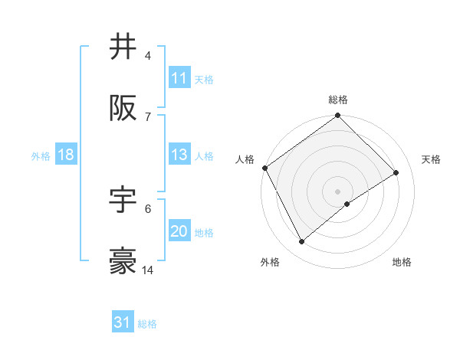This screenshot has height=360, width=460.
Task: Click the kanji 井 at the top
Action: coord(123,47)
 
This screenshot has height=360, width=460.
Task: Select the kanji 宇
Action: coord(123,200)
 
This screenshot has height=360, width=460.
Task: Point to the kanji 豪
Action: coord(123,261)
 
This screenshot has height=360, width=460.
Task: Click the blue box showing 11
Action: coord(179,78)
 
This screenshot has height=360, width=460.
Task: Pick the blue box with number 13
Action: coord(179,155)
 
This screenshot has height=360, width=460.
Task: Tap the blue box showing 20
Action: coord(179,231)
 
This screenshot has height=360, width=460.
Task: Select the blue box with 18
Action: coord(65,155)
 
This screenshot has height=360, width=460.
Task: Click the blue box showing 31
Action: coord(123,323)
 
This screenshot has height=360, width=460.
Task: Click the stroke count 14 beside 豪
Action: coord(147,270)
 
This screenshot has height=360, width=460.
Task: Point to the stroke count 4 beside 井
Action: coord(147,55)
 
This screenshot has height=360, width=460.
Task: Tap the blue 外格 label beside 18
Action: coord(41,155)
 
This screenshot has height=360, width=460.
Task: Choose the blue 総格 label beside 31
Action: coord(147,324)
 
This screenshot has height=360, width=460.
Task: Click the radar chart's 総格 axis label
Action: coord(338,100)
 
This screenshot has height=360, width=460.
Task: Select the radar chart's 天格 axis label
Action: coord(432,159)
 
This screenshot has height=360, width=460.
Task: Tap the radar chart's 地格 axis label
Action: coord(402,262)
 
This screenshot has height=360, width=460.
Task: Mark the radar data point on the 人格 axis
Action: coord(265,168)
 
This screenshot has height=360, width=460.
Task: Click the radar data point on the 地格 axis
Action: coord(347,204)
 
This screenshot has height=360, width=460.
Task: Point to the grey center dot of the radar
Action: coord(337,191)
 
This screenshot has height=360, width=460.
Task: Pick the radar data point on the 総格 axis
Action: coord(337,116)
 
